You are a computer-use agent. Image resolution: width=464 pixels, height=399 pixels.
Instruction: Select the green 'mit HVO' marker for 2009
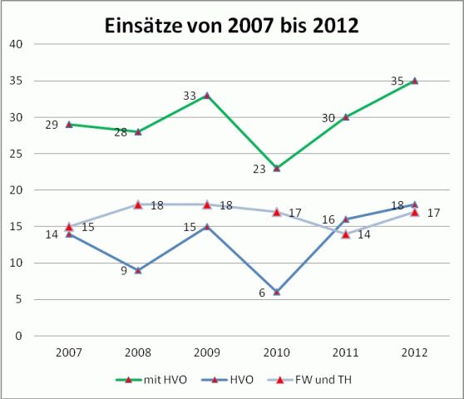(207, 95)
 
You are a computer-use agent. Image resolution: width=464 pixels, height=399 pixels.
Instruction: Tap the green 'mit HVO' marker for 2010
(276, 168)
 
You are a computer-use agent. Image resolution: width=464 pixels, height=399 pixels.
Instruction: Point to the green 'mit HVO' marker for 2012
(415, 81)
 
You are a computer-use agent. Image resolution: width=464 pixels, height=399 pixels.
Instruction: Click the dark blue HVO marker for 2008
(138, 270)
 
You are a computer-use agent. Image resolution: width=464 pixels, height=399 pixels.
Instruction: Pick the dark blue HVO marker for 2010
(276, 292)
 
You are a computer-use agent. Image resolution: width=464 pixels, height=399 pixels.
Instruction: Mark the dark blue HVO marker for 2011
(346, 219)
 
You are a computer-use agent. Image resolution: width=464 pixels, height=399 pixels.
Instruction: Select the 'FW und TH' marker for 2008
(138, 204)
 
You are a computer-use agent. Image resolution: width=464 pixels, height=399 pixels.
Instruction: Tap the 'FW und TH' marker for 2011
(346, 234)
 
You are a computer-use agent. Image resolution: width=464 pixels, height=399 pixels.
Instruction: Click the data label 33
(190, 96)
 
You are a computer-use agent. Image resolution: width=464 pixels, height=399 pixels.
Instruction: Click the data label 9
(123, 270)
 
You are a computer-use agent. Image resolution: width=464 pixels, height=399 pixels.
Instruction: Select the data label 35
(397, 81)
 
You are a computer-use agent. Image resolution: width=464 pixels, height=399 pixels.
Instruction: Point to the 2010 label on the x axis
(276, 352)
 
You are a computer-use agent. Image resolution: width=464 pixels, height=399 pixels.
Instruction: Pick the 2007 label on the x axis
(69, 352)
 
